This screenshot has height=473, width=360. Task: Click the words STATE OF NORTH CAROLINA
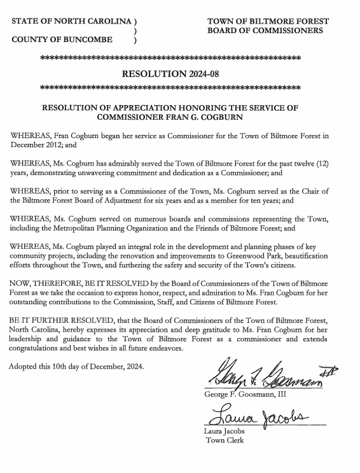72,21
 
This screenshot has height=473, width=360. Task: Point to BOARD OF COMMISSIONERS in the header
265,30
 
